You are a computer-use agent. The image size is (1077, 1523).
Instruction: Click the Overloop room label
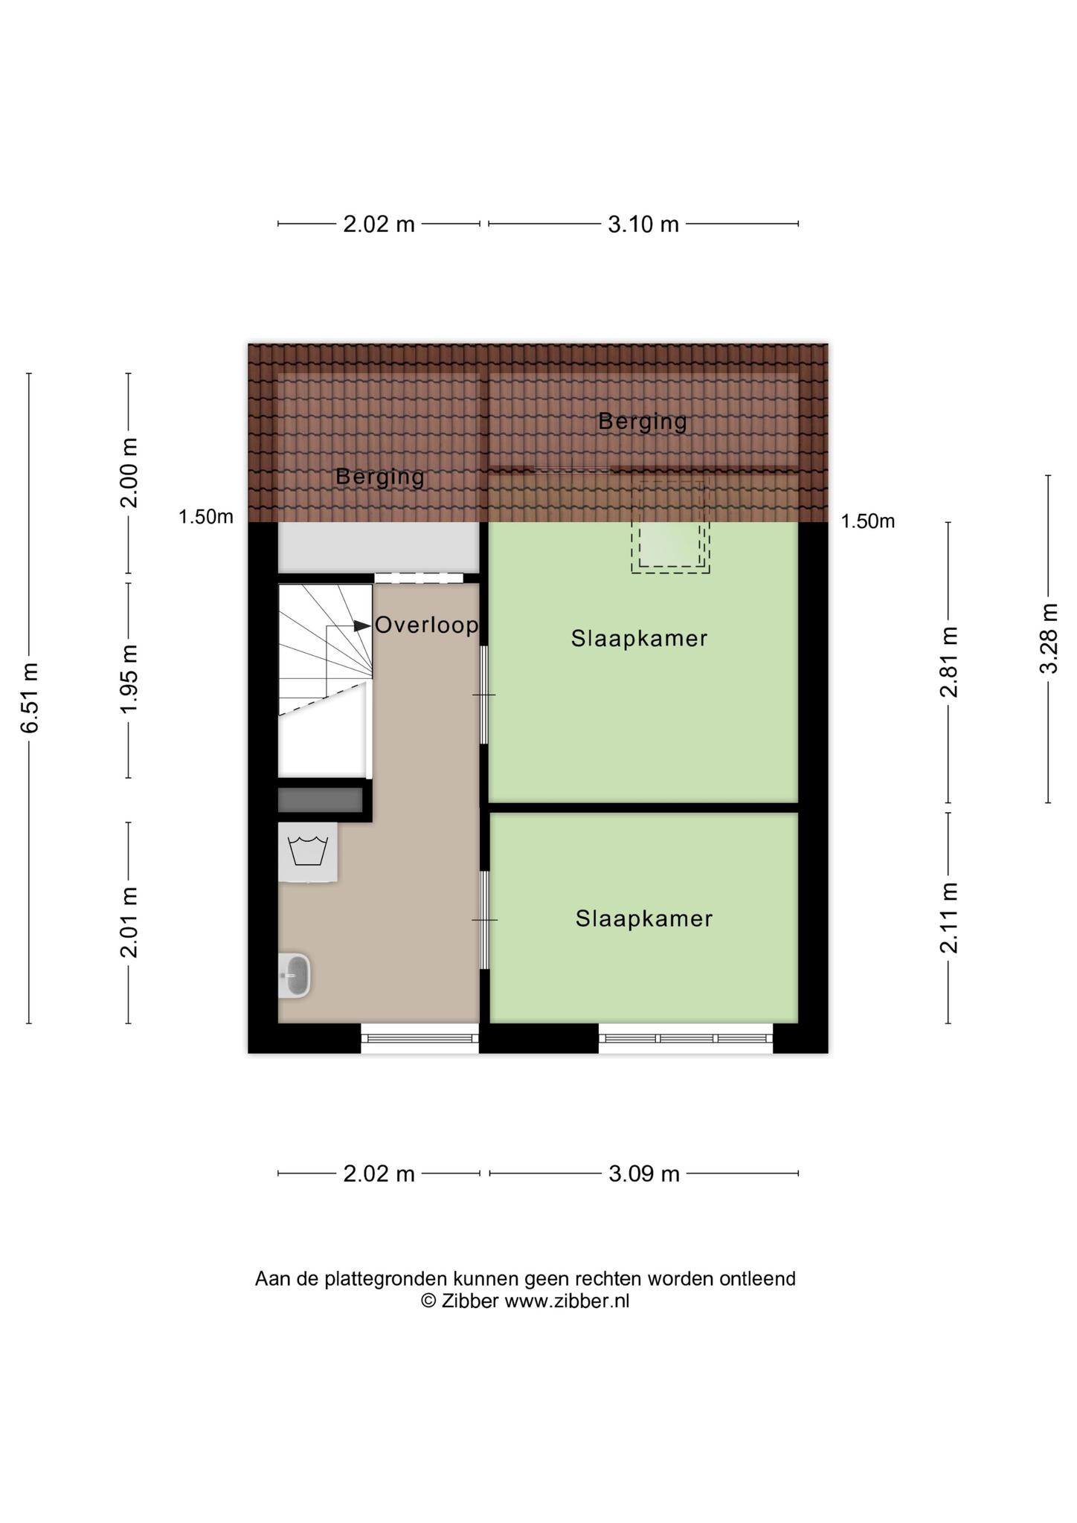(426, 625)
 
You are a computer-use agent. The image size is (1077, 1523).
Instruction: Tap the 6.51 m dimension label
(30, 697)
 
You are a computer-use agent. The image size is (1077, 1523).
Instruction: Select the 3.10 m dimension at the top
(643, 224)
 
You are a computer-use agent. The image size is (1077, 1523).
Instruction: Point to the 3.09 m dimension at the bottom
(643, 1173)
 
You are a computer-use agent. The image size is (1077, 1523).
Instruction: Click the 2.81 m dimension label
(948, 662)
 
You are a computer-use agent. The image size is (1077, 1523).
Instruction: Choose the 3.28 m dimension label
(1048, 638)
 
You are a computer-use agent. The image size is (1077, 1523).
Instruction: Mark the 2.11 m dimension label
(948, 918)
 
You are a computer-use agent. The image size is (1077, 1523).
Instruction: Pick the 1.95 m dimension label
(129, 678)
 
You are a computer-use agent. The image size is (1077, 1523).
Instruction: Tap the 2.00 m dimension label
(129, 472)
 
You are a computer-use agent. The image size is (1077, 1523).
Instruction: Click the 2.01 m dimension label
(129, 922)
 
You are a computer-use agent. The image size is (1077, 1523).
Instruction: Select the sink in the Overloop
(295, 975)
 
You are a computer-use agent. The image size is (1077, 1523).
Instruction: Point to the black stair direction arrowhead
(362, 626)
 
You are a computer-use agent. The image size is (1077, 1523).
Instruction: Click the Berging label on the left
(379, 477)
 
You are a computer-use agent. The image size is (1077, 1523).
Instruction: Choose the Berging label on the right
(643, 422)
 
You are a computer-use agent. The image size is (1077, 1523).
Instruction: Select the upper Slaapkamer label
(639, 638)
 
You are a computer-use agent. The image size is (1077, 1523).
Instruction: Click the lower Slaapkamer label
(644, 918)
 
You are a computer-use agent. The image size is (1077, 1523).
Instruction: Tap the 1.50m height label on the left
(206, 517)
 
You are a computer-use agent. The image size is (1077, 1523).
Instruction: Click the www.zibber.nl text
(567, 1301)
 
